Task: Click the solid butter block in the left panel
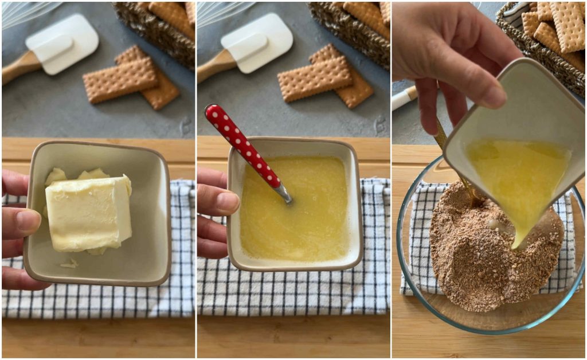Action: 89,213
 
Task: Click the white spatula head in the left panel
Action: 63,44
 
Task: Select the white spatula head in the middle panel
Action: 257,44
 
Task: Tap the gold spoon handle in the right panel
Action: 441,135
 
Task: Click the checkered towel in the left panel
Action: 97,298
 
